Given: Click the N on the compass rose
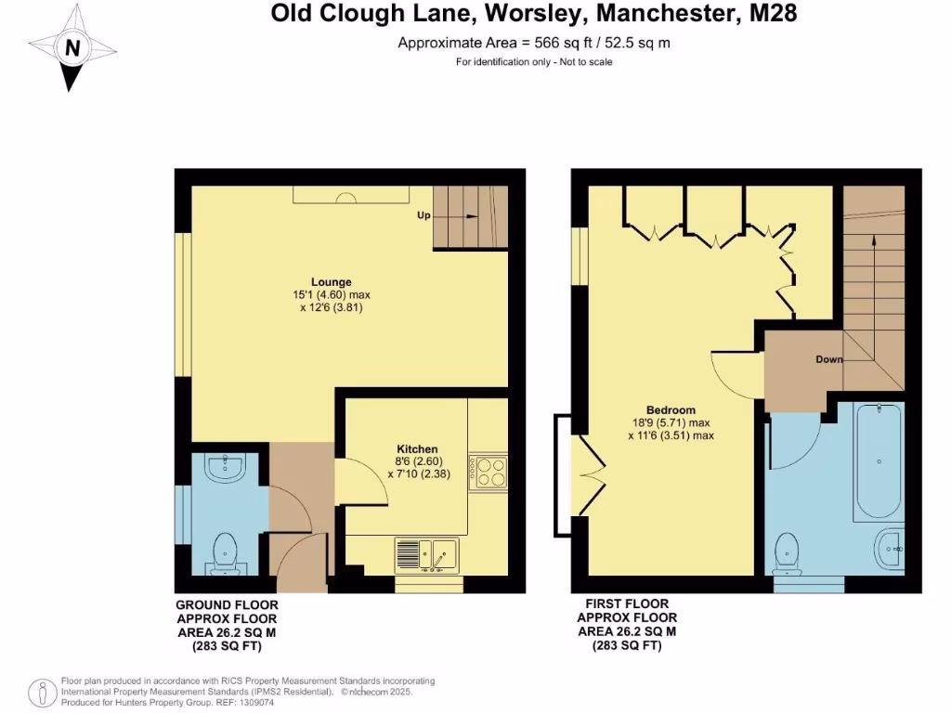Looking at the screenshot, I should pos(72,46).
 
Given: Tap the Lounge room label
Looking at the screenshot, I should pos(331,282).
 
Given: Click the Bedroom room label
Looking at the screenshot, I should pos(671,410).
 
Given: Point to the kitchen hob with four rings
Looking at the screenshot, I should pos(489,472).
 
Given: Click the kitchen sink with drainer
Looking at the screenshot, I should pos(425,554).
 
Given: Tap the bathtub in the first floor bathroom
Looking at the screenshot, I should pos(878,460).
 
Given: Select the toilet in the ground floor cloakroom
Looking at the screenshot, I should pos(226,553).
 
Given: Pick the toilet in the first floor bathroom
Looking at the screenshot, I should pos(788,551).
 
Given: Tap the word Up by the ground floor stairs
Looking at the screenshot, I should pos(423,215).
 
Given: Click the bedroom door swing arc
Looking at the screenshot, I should pos(734,372).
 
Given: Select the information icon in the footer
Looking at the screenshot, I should pos(44,693).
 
